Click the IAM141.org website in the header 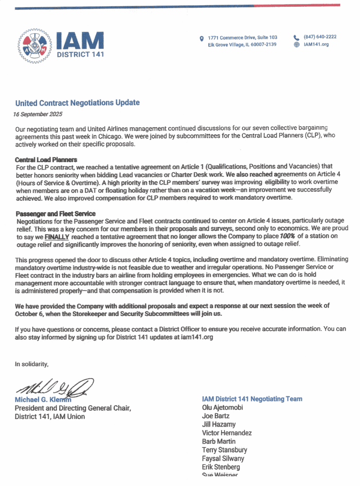[316, 45]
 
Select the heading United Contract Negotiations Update [77, 103]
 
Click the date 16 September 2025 [38, 114]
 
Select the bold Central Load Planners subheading [46, 159]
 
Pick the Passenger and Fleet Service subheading [55, 214]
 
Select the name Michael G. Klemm [43, 400]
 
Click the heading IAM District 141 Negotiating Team [252, 399]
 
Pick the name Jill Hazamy [219, 424]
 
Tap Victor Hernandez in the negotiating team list [227, 433]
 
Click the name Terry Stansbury [224, 450]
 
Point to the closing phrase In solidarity [32, 364]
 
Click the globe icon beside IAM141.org [297, 45]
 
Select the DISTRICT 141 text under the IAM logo [81, 54]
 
